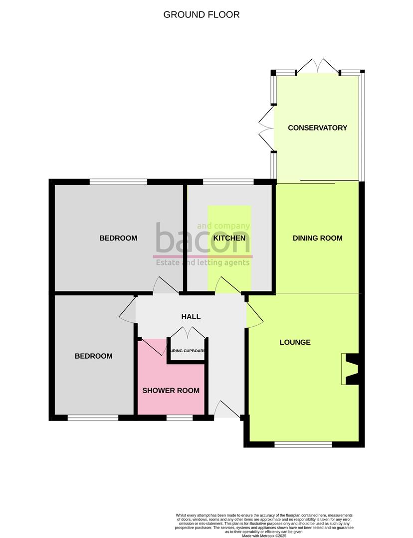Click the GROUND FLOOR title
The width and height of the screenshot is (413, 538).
pyautogui.click(x=202, y=14)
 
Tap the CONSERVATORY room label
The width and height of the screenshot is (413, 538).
pyautogui.click(x=317, y=128)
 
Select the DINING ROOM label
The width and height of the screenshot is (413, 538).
pyautogui.click(x=317, y=238)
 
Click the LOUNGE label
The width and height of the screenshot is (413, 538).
pyautogui.click(x=295, y=342)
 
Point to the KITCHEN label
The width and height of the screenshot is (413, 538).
pyautogui.click(x=229, y=238)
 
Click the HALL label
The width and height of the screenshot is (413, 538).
pyautogui.click(x=191, y=317)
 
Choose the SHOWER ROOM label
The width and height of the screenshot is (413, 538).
pyautogui.click(x=171, y=391)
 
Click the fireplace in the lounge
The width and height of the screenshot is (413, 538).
pyautogui.click(x=351, y=369)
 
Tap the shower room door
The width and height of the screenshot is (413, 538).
pyautogui.click(x=154, y=347)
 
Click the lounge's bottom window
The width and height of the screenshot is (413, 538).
pyautogui.click(x=303, y=444)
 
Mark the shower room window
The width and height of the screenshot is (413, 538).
pyautogui.click(x=179, y=418)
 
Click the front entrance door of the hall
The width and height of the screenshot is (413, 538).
pyautogui.click(x=227, y=410)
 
